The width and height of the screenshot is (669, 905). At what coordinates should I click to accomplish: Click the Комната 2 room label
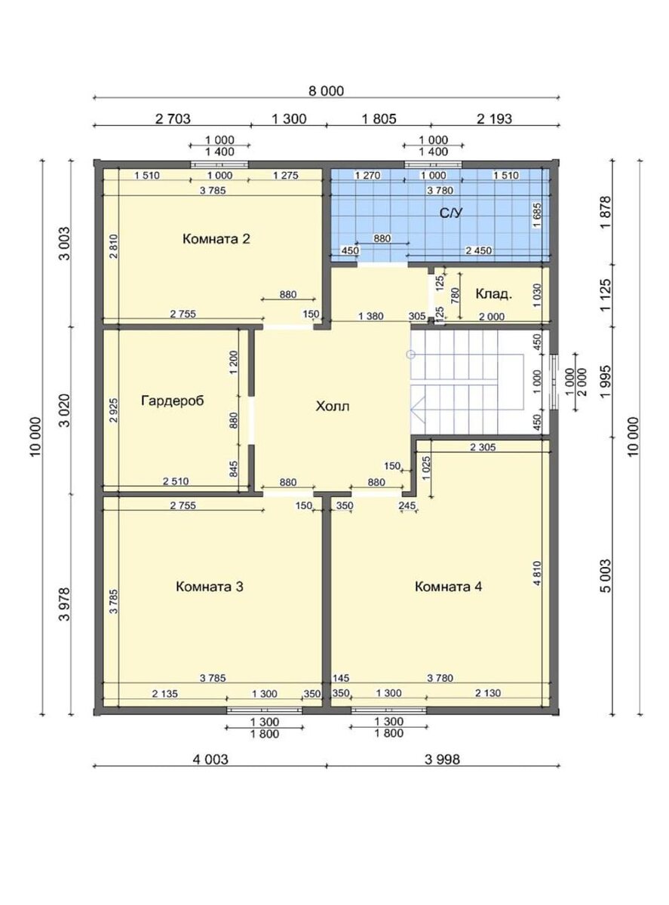(x=216, y=239)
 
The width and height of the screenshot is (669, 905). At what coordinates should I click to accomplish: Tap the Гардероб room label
(x=172, y=400)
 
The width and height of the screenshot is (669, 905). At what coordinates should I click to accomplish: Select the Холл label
(x=333, y=406)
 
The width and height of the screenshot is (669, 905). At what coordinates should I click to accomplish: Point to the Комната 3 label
(x=210, y=587)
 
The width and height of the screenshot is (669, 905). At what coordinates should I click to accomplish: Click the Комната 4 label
(x=448, y=587)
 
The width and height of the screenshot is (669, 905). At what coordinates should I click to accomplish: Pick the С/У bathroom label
(x=451, y=213)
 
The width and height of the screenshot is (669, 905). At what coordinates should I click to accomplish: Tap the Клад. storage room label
(x=493, y=294)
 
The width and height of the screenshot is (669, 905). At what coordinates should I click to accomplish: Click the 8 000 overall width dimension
(x=326, y=90)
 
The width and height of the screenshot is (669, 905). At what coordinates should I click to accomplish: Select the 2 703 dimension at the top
(x=173, y=118)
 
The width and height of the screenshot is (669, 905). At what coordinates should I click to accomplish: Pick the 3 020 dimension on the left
(x=65, y=410)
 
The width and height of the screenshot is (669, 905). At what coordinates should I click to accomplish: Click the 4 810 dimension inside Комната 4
(x=537, y=573)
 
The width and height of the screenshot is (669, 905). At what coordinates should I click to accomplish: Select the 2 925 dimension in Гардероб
(x=114, y=410)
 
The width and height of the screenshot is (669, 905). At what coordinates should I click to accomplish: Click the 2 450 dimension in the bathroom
(x=479, y=250)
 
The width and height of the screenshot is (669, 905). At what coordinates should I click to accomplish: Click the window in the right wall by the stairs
(x=554, y=382)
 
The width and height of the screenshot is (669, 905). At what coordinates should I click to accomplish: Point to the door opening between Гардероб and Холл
(x=252, y=420)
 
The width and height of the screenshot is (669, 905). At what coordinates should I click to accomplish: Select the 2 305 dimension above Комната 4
(x=483, y=447)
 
